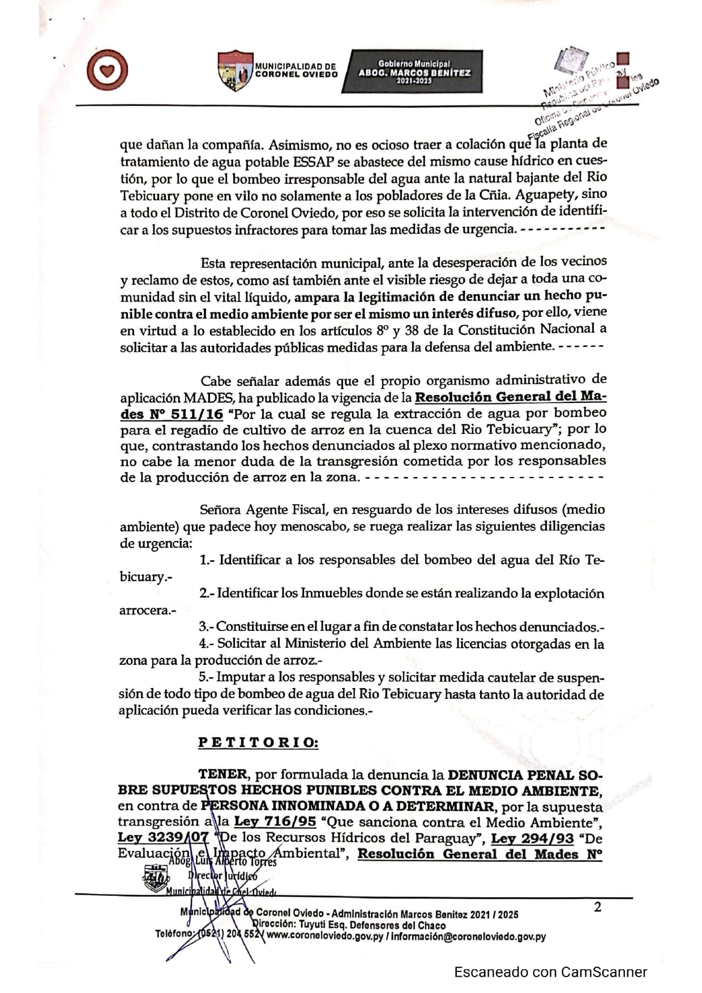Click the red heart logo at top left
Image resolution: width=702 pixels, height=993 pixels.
pos(108,71)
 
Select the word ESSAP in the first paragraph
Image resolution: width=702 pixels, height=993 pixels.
pos(313,161)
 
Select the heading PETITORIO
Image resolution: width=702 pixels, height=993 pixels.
pos(258,742)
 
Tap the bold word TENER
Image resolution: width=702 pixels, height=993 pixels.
pos(223,774)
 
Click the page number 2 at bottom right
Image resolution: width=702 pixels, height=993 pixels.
pos(597,907)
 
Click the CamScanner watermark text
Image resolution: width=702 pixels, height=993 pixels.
pos(550,972)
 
